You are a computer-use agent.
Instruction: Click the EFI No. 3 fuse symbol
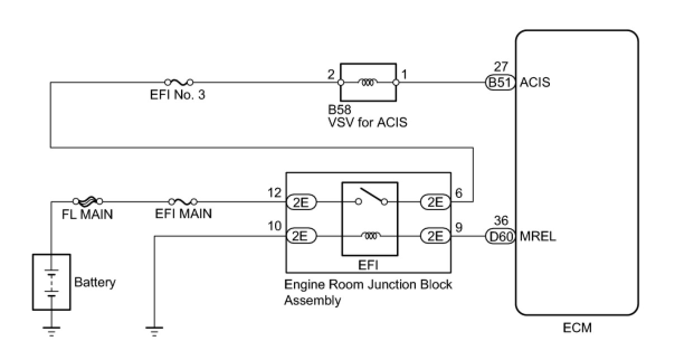pyautogui.click(x=179, y=82)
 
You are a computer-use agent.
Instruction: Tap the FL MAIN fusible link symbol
pyautogui.click(x=88, y=201)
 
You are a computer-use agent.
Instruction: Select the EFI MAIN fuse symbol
pyautogui.click(x=183, y=202)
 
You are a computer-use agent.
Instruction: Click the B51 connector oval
pyautogui.click(x=500, y=82)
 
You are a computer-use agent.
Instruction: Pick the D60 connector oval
pyautogui.click(x=500, y=236)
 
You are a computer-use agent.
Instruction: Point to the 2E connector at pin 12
pyautogui.click(x=301, y=202)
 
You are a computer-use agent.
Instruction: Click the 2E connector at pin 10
pyautogui.click(x=301, y=236)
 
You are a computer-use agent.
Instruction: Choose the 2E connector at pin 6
pyautogui.click(x=435, y=202)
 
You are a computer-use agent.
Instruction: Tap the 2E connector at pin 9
pyautogui.click(x=435, y=236)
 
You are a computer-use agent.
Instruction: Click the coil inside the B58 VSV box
pyautogui.click(x=368, y=82)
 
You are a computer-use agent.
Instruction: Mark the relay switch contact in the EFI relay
pyautogui.click(x=371, y=196)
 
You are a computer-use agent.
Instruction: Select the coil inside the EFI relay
pyautogui.click(x=370, y=236)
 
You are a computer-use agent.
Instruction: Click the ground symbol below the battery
pyautogui.click(x=51, y=331)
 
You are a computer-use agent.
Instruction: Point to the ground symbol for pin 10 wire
pyautogui.click(x=154, y=331)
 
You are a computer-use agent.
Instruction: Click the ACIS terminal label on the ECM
pyautogui.click(x=535, y=82)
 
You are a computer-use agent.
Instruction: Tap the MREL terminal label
pyautogui.click(x=538, y=236)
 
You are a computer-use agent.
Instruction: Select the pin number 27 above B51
pyautogui.click(x=501, y=67)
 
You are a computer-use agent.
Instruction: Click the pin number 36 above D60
pyautogui.click(x=501, y=221)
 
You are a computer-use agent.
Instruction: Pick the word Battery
pyautogui.click(x=95, y=282)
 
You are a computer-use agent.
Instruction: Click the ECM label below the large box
pyautogui.click(x=577, y=328)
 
